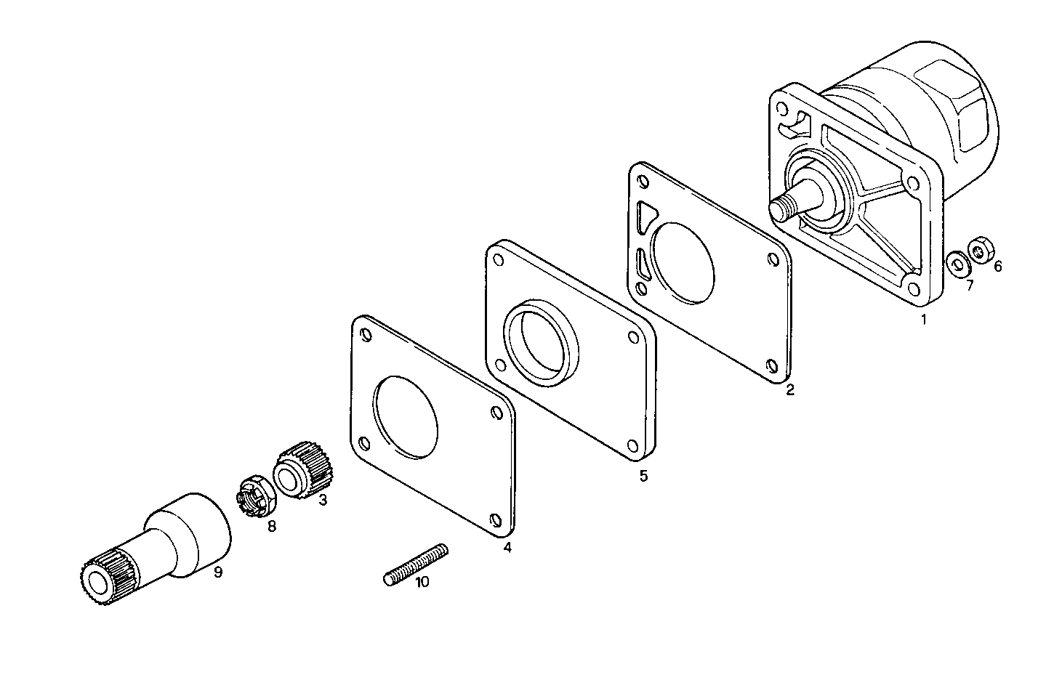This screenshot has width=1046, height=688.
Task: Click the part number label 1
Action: point(924,319)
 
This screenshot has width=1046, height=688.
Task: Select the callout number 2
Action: point(790,390)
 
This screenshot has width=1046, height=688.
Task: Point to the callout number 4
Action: point(507,548)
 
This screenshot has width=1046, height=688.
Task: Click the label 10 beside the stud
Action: point(422,581)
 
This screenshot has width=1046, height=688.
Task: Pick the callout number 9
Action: point(217,572)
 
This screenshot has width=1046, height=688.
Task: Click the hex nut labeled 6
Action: point(981,250)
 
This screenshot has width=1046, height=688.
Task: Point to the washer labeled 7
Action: point(957,264)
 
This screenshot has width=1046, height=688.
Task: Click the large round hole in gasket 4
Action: point(406,418)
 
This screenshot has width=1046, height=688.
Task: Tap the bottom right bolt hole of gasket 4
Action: point(495,520)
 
